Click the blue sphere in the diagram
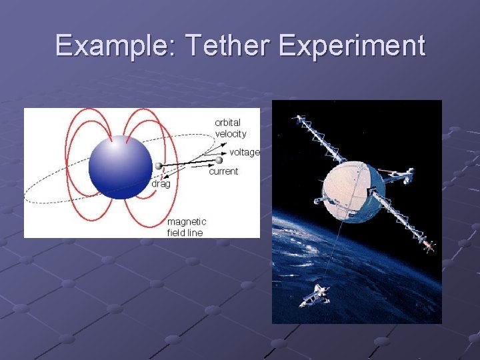pos(121,167)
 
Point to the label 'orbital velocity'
pos(230,128)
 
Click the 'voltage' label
pos(244,153)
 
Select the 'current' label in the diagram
pos(223,172)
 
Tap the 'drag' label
pos(160,183)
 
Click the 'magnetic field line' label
pos(186,227)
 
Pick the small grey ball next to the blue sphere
pos(159,167)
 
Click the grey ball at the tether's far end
pos(219,160)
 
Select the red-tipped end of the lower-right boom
pos(429,246)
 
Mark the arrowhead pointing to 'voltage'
pos(226,153)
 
